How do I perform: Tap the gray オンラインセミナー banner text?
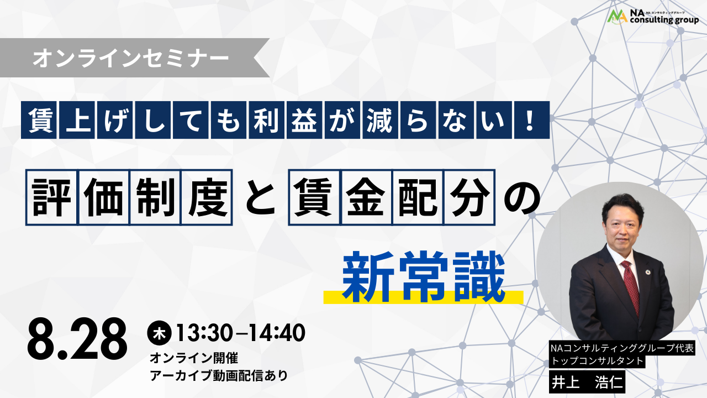[131, 58]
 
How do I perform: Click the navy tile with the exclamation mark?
[532, 120]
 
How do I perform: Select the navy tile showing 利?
[266, 120]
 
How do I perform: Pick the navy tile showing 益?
[304, 120]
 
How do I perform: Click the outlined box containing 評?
[52, 197]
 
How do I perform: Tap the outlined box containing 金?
[366, 197]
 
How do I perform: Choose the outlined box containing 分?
[469, 197]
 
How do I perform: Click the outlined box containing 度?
[207, 197]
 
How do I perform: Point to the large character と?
[260, 198]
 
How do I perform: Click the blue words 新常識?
[423, 277]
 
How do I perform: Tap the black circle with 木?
[160, 333]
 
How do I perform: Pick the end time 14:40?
[277, 333]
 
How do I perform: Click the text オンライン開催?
[194, 358]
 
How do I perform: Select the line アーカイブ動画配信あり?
[219, 375]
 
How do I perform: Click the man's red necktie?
[631, 287]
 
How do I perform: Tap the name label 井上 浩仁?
[587, 383]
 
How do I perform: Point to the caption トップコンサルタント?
[597, 361]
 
